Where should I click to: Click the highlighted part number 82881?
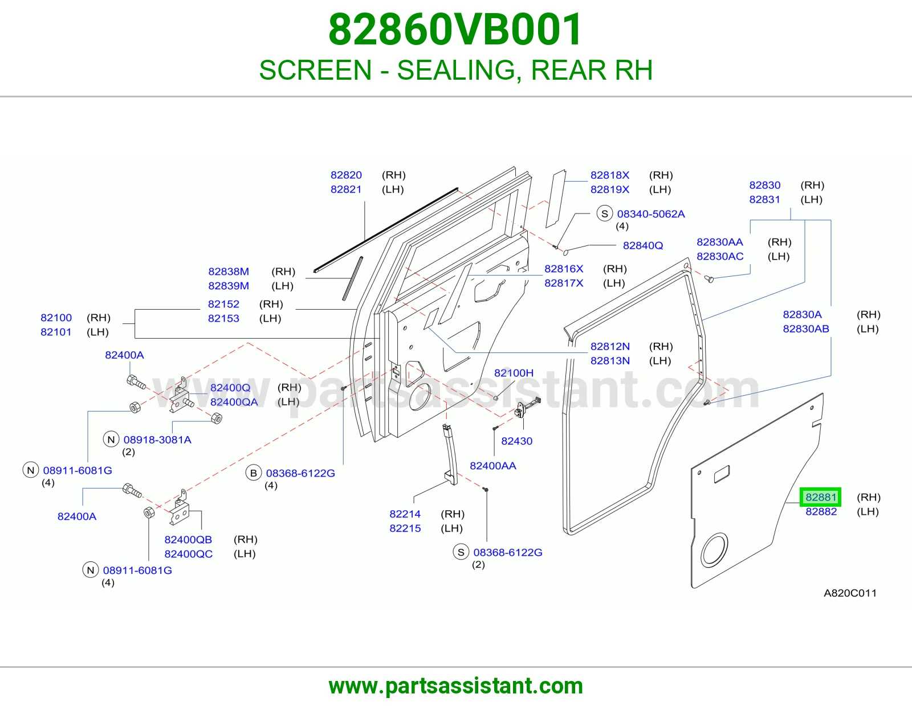tap(820, 497)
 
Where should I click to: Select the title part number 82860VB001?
tap(455, 30)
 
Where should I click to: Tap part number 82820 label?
tap(346, 175)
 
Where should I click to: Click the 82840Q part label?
tap(642, 245)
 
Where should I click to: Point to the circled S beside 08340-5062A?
tap(604, 214)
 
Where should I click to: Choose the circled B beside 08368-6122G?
tap(254, 473)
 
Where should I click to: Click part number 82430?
tap(516, 441)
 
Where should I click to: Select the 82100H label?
tap(514, 373)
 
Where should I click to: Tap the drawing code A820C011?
tap(850, 593)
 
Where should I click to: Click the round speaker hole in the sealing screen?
tap(714, 549)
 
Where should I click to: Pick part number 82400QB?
tap(188, 540)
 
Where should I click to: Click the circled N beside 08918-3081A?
tap(111, 440)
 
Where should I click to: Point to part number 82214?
tap(405, 514)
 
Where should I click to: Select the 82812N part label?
tap(610, 346)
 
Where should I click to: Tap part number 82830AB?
tap(806, 329)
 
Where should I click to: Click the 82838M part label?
tap(229, 271)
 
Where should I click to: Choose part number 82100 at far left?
tap(56, 317)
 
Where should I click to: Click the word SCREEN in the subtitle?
tap(316, 70)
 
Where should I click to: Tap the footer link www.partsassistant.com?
tap(456, 686)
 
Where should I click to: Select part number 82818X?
tap(610, 175)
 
